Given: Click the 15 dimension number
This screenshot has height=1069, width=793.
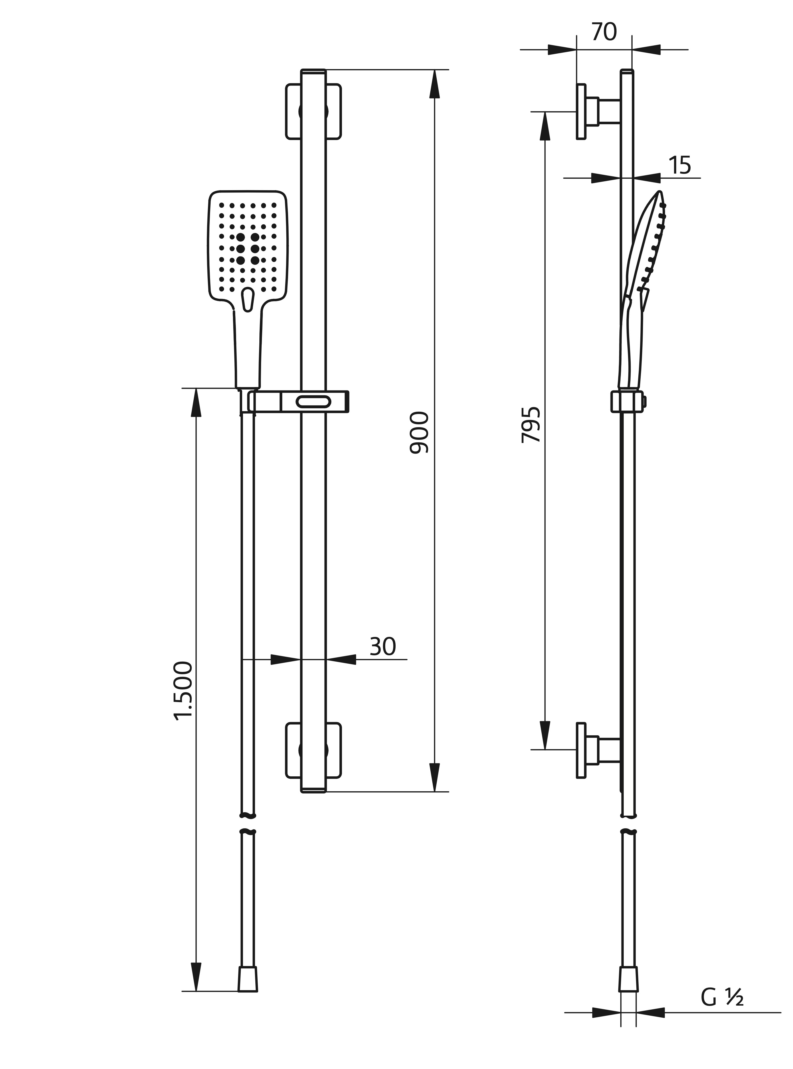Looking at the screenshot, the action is point(680,166).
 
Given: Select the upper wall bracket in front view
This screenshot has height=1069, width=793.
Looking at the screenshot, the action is point(314,111).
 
